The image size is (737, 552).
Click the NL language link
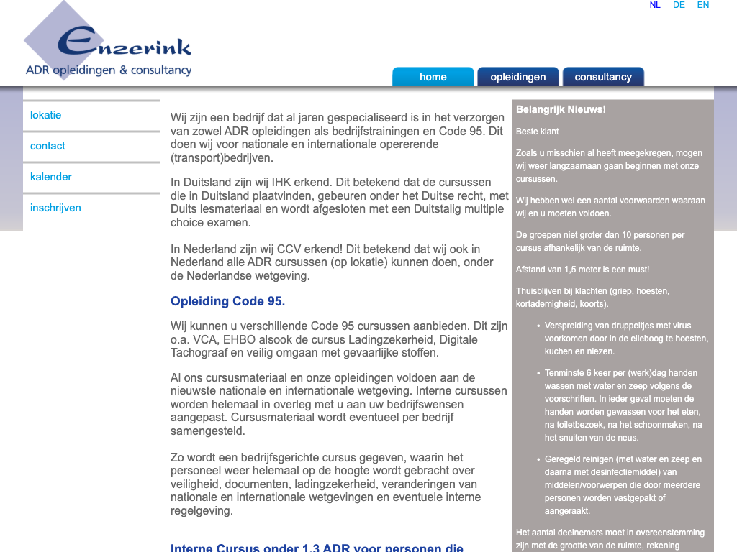pyautogui.click(x=655, y=5)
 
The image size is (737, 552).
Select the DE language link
pyautogui.click(x=679, y=5)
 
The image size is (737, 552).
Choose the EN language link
pyautogui.click(x=703, y=5)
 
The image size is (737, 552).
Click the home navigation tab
pyautogui.click(x=433, y=77)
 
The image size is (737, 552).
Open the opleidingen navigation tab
pyautogui.click(x=518, y=77)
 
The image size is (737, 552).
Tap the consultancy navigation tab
pyautogui.click(x=603, y=77)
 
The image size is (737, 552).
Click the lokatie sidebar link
pyautogui.click(x=46, y=115)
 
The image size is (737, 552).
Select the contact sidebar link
pyautogui.click(x=48, y=146)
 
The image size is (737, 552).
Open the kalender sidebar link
pyautogui.click(x=51, y=177)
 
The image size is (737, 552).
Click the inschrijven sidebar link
pyautogui.click(x=55, y=208)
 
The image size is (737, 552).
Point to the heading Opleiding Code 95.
pyautogui.click(x=227, y=301)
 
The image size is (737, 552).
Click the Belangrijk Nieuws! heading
pyautogui.click(x=561, y=109)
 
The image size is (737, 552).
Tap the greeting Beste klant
pyautogui.click(x=537, y=132)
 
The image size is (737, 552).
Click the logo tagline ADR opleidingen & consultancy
pyautogui.click(x=109, y=70)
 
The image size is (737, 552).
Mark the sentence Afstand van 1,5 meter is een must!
pyautogui.click(x=582, y=270)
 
